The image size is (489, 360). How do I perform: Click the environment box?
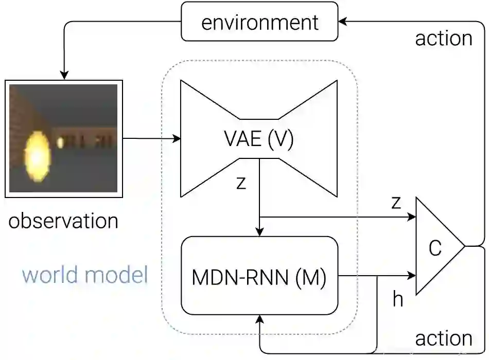click(259, 22)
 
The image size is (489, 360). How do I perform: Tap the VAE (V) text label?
click(259, 139)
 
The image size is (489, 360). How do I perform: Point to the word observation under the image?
click(63, 221)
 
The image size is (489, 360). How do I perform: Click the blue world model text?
click(85, 275)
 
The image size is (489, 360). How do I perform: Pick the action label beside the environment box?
click(443, 39)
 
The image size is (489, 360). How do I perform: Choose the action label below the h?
click(443, 338)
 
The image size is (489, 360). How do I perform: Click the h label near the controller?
click(397, 299)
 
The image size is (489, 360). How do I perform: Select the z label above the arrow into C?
click(395, 202)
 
